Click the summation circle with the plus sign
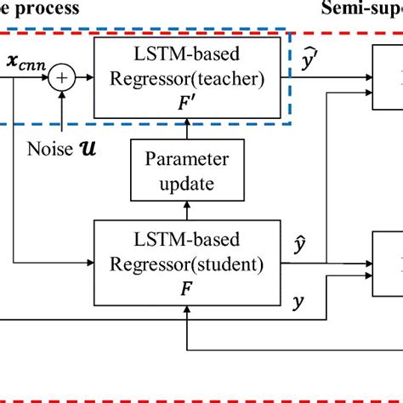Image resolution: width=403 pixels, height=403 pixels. point(61,80)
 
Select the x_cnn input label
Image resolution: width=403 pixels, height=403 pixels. point(25,62)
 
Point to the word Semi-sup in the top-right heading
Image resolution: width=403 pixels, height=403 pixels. point(361,8)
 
